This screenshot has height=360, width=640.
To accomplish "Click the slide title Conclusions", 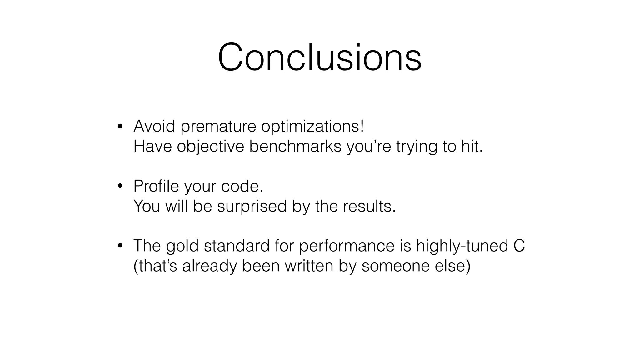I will pyautogui.click(x=320, y=57).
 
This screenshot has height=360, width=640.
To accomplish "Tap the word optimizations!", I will pyautogui.click(x=312, y=127).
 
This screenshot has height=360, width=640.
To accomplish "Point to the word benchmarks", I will pyautogui.click(x=295, y=146).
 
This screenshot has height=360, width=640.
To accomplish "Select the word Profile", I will pyautogui.click(x=156, y=186).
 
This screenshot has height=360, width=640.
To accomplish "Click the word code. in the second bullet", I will pyautogui.click(x=242, y=186).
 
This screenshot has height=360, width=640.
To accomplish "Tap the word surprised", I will pyautogui.click(x=252, y=207).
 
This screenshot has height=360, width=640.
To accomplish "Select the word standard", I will pyautogui.click(x=237, y=246).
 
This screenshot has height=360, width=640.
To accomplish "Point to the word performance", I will pyautogui.click(x=347, y=246).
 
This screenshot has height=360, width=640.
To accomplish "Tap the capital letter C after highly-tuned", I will pyautogui.click(x=519, y=246).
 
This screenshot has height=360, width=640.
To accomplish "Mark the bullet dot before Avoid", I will pyautogui.click(x=120, y=127).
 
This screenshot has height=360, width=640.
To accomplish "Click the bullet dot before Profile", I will pyautogui.click(x=120, y=187).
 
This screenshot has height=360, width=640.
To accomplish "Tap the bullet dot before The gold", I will pyautogui.click(x=120, y=246).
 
